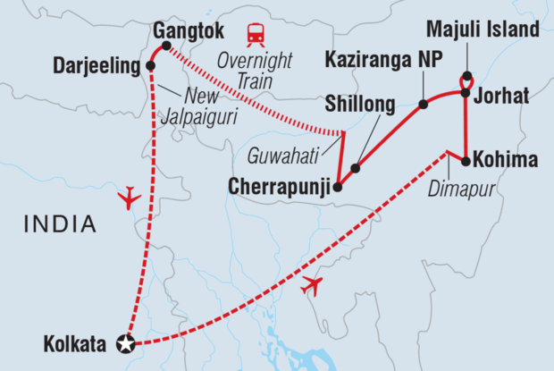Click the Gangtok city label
point(189,29)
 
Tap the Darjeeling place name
point(97,65)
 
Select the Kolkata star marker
point(127,342)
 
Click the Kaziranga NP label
point(372,65)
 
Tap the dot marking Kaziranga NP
point(423,105)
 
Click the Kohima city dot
point(465,161)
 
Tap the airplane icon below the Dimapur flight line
point(312,286)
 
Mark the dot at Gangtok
point(165,46)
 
